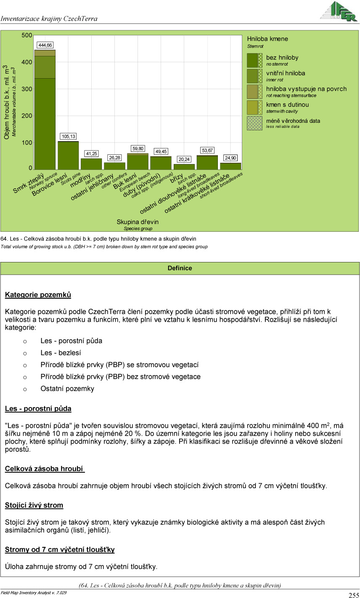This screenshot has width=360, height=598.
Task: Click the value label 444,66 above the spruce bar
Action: coord(45,45)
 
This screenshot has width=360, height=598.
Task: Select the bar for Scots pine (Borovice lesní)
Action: coord(68,156)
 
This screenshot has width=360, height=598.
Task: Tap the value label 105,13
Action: coord(69,137)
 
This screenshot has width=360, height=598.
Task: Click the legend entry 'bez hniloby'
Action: coord(282,58)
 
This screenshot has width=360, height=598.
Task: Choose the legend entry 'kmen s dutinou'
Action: coord(287,105)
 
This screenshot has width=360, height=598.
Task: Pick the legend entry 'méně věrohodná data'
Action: coord(293,121)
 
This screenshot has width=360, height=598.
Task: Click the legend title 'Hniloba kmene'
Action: coord(267,39)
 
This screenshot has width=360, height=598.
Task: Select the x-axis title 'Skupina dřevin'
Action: coord(138,222)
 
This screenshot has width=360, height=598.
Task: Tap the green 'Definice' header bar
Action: coord(180,268)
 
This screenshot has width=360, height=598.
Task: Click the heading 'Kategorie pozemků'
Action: coord(38,295)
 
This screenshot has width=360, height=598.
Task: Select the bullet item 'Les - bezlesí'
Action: coord(61,353)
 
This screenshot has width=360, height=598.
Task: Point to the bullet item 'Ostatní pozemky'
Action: coord(67,389)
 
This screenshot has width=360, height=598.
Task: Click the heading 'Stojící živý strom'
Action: coord(34,505)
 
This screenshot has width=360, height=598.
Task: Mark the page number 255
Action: coord(354,595)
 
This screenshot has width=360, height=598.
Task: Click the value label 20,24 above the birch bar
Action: coord(184,159)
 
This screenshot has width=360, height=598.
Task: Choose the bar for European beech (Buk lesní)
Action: coord(138,161)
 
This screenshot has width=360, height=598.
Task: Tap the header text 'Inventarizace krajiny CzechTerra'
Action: coord(49,19)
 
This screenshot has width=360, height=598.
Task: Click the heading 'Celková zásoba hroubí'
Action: coord(44,468)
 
